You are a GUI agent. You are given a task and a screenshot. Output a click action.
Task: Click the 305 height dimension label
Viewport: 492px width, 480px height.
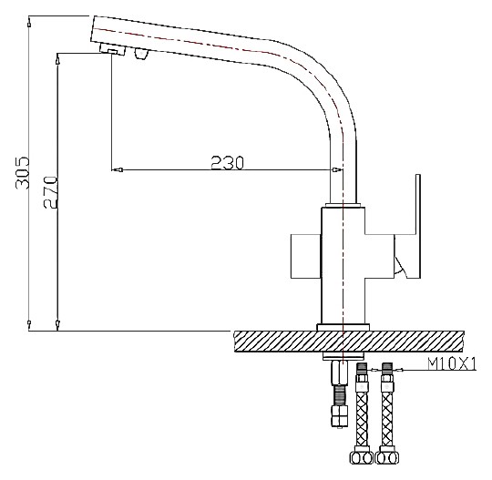[x=22, y=172]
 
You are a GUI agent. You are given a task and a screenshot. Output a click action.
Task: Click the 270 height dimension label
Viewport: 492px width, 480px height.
[x=50, y=192]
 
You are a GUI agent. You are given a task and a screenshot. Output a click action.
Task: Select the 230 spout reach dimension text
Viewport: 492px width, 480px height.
[x=227, y=162]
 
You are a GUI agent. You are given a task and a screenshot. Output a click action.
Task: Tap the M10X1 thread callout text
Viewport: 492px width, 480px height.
[x=452, y=364]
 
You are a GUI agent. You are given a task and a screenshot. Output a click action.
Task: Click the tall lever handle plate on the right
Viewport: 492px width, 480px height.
[x=413, y=226]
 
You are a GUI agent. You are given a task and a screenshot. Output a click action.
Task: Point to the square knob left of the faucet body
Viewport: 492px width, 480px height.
[x=306, y=256]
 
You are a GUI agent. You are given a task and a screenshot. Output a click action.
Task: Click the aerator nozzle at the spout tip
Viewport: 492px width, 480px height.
[x=112, y=50]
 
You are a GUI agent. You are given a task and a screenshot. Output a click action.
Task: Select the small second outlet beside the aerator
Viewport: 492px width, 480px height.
[x=140, y=54]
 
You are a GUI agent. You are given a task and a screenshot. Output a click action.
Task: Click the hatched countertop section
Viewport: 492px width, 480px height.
[x=349, y=342]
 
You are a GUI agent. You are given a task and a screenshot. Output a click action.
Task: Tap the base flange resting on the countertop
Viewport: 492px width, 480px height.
[x=343, y=327]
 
